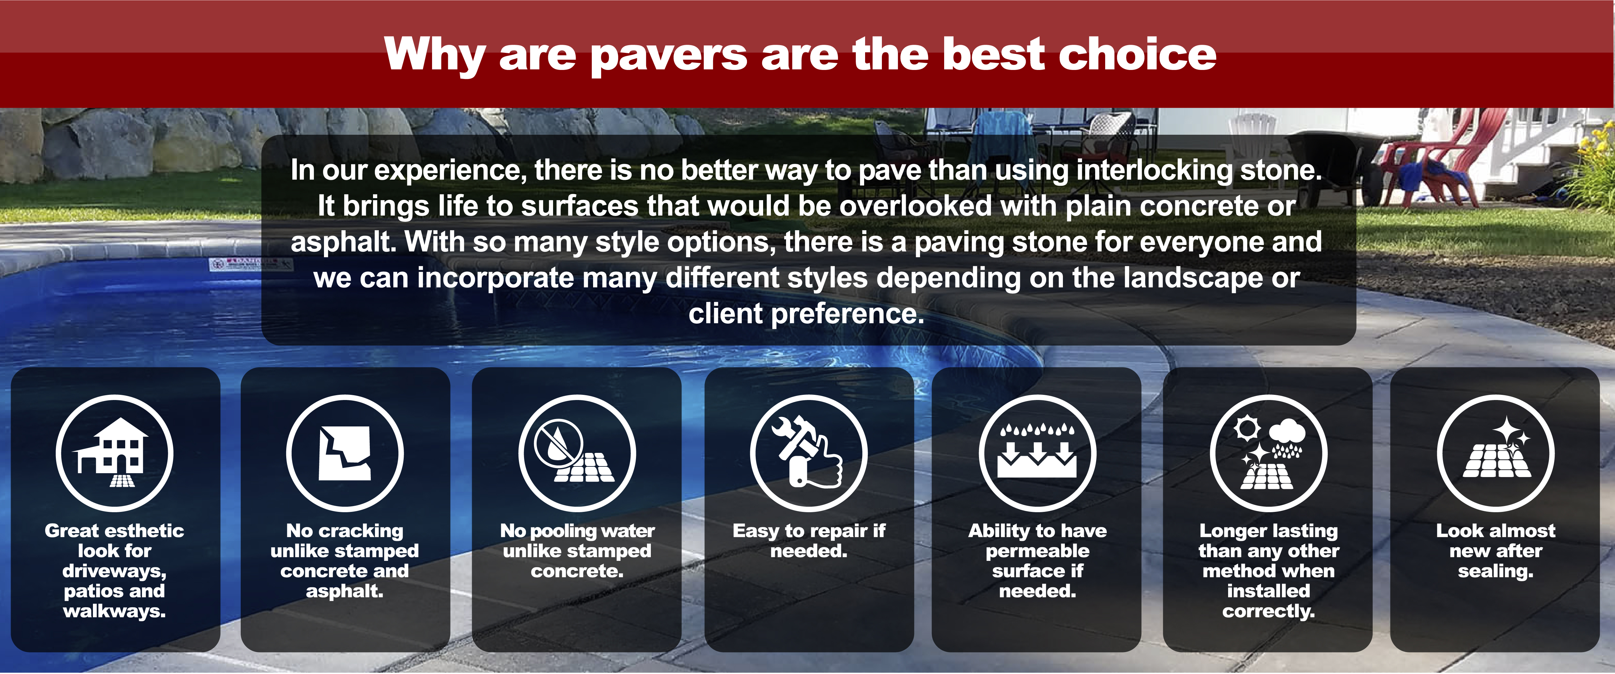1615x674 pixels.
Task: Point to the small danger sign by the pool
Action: click(x=251, y=264)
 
